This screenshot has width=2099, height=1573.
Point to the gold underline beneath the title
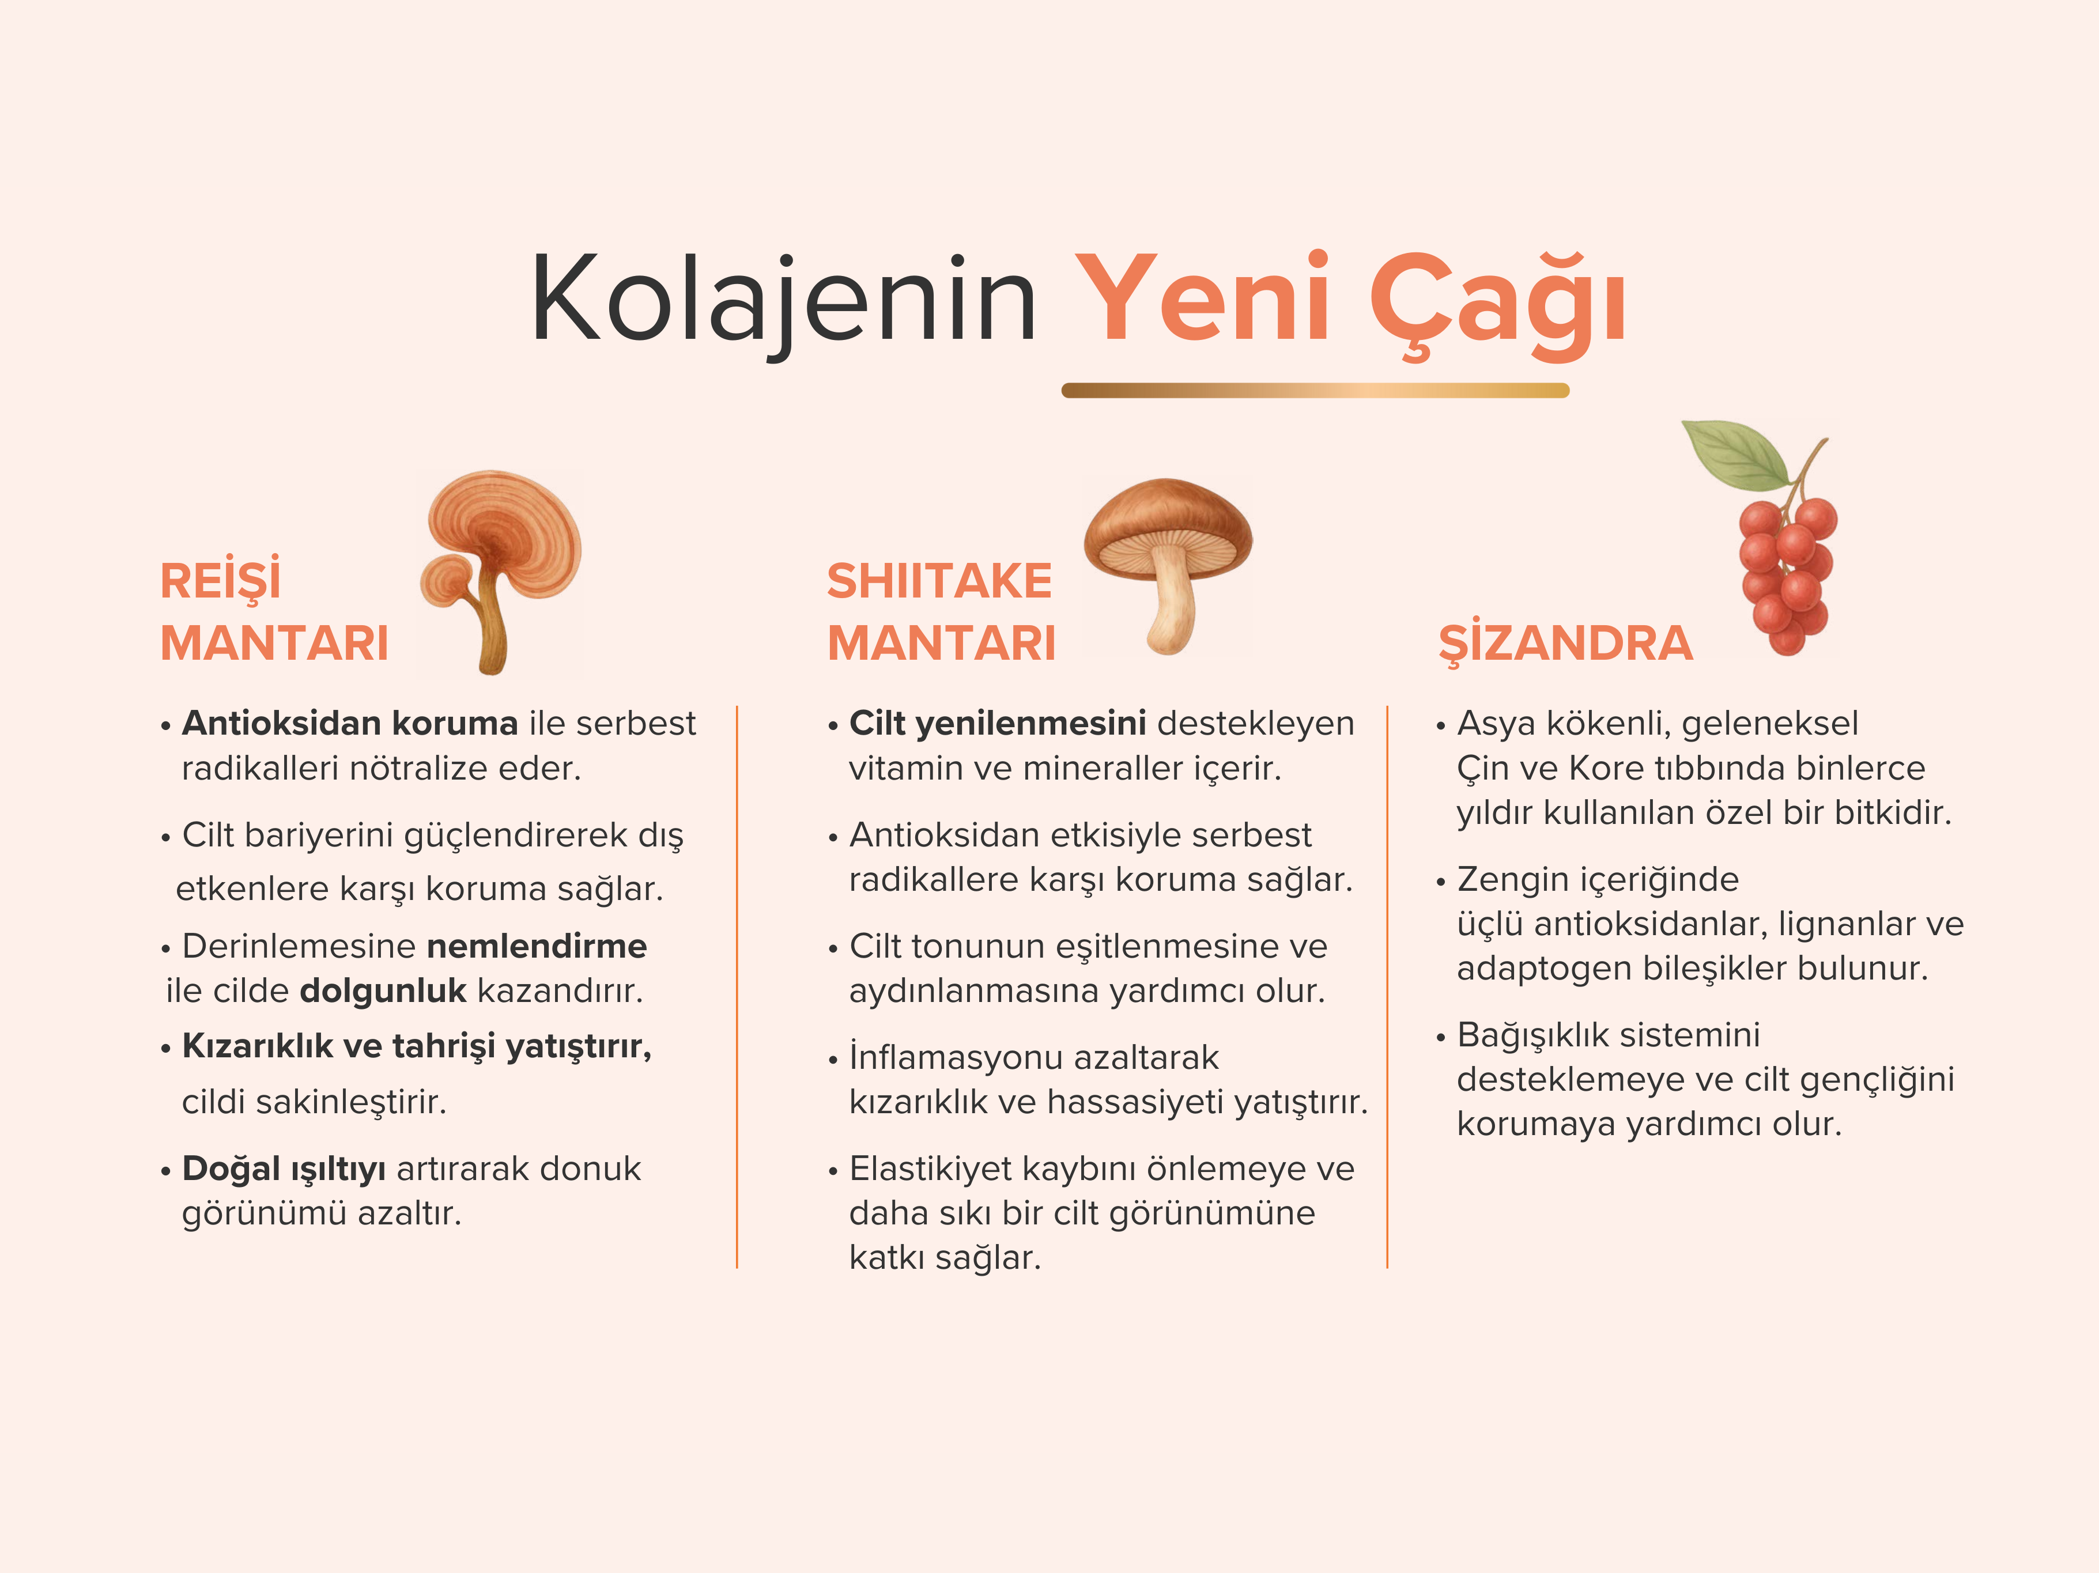pos(1315,390)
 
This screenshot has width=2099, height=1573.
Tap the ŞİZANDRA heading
pos(1566,642)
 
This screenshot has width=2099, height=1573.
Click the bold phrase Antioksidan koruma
pos(350,723)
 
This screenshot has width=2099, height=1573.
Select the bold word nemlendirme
pos(537,946)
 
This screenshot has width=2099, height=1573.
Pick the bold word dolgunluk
pos(383,990)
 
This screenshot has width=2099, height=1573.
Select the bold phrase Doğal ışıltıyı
pos(284,1169)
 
